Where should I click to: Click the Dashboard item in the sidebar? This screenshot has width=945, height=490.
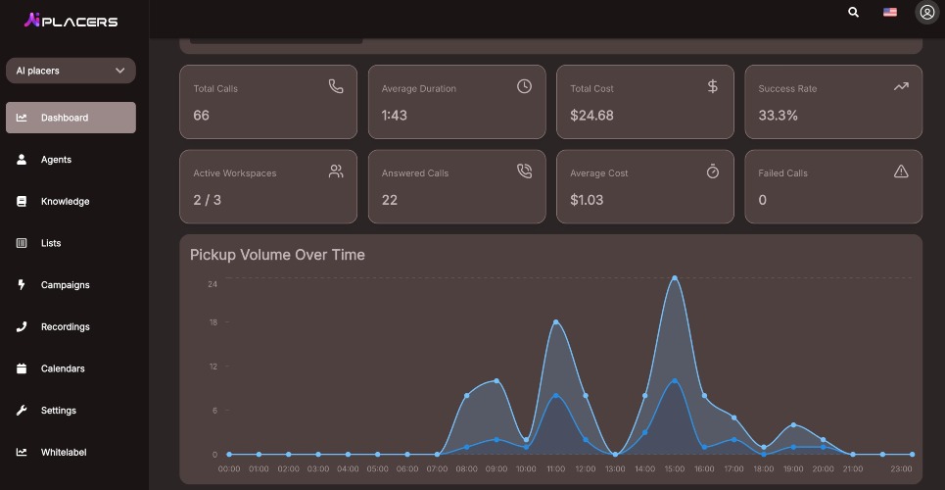pos(71,118)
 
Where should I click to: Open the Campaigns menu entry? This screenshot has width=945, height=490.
pos(65,285)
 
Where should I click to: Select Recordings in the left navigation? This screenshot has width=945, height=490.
pos(65,326)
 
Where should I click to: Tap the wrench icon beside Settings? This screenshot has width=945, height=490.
pos(22,411)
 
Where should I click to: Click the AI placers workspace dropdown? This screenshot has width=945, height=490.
pos(71,71)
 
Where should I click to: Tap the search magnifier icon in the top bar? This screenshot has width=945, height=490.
pos(853,12)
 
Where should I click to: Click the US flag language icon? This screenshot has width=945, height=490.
pos(889,12)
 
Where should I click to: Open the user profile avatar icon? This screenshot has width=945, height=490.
pos(927,12)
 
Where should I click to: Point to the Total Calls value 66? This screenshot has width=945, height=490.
pos(202,116)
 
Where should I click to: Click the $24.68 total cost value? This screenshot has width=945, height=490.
pos(591,116)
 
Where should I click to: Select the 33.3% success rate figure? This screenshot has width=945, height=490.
pos(779,116)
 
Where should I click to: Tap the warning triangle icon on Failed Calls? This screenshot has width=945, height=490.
pos(901,171)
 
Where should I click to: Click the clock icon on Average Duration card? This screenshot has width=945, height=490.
pos(524,86)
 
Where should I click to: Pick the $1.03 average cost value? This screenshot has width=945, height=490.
pos(587,200)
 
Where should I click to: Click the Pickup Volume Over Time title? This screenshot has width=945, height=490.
pos(277,255)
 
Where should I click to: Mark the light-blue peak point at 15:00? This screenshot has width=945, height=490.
pos(675,278)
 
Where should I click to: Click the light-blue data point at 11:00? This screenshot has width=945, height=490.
pos(555,322)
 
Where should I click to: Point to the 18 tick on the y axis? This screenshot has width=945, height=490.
pos(213,322)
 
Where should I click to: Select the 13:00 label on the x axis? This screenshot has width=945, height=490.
pos(615,468)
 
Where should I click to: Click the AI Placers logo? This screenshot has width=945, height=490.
pos(71,22)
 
